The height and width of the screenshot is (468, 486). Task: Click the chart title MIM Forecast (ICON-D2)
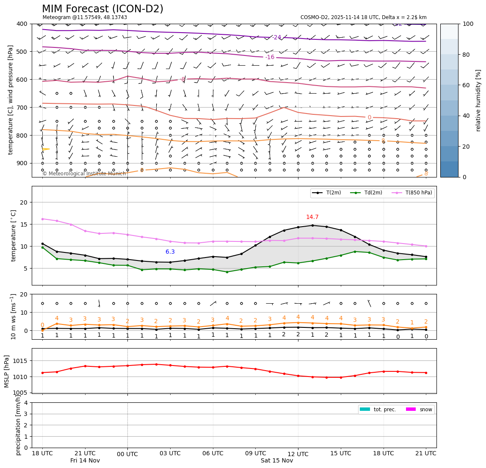coord(102,9)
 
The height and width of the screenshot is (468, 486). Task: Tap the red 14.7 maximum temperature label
coord(312,217)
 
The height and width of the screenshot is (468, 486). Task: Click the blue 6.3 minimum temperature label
coord(170,252)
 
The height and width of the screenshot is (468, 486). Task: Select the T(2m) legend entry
coord(328,193)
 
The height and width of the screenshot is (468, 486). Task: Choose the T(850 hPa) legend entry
coord(412,193)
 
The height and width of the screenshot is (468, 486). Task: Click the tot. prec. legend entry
coord(378,410)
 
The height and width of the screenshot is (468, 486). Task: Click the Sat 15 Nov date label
coord(277,461)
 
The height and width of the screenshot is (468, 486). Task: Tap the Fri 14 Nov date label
coord(85,460)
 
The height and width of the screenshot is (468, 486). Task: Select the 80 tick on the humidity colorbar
coord(467,55)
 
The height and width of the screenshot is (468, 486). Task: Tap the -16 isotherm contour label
coord(270,57)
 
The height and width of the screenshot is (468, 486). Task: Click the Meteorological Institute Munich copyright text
coord(84,174)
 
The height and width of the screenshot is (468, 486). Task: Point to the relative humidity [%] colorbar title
coord(478,100)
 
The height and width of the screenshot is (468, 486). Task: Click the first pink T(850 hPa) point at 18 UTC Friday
coord(42,219)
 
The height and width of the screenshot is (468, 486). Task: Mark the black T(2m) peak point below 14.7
coord(312,225)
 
